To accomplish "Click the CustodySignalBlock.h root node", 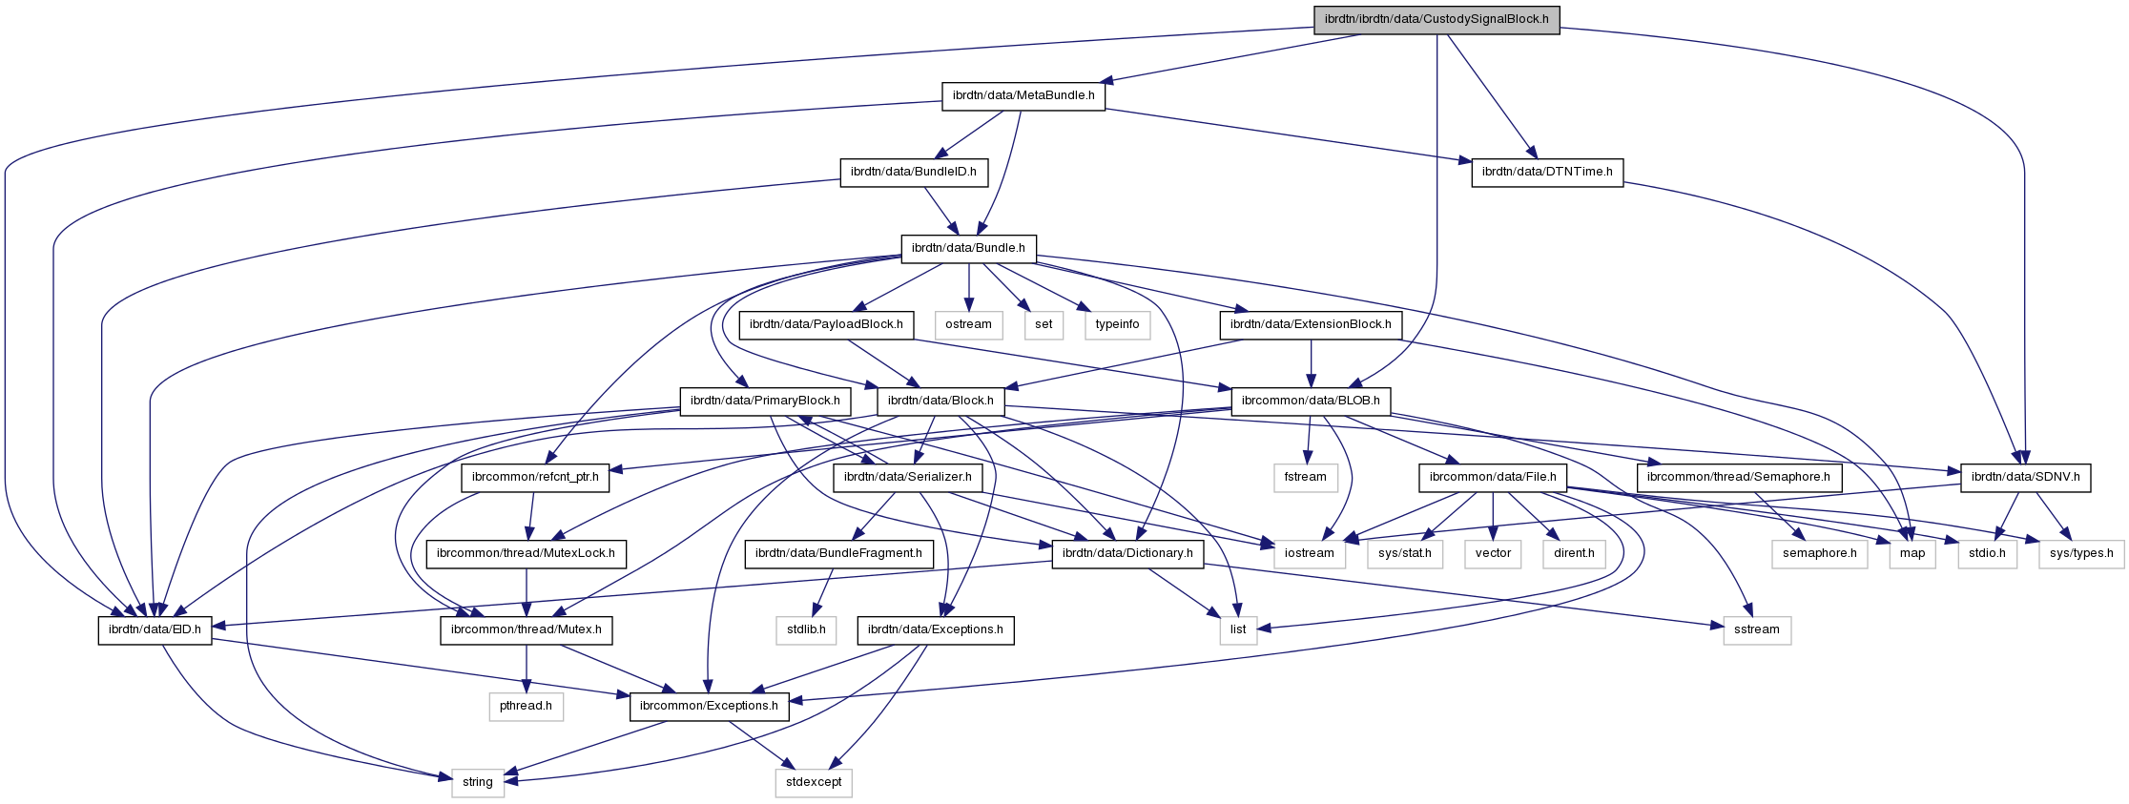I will pos(1437,19).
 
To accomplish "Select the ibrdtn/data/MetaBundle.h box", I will pos(1023,96).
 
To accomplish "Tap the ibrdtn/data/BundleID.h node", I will pos(914,173).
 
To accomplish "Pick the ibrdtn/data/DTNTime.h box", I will pos(1547,173).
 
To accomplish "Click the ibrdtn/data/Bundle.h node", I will pos(968,249).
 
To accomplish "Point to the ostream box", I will pos(969,325).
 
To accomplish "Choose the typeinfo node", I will pos(1117,325).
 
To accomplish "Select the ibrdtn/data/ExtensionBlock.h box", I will pos(1311,325).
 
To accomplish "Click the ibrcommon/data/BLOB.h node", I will pos(1312,402).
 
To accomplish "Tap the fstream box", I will pos(1305,477).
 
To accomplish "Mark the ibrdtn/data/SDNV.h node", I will pos(2025,477).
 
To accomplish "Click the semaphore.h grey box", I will pos(1820,553).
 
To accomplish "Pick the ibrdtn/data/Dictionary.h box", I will pos(1127,553).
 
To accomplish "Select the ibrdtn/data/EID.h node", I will pos(155,629).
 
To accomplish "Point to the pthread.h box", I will pos(527,706).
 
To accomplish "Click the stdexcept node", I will pos(814,782).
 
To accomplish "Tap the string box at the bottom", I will pos(477,782).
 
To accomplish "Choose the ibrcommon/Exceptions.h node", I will pos(709,706).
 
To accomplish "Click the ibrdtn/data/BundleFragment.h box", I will pos(839,553).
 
